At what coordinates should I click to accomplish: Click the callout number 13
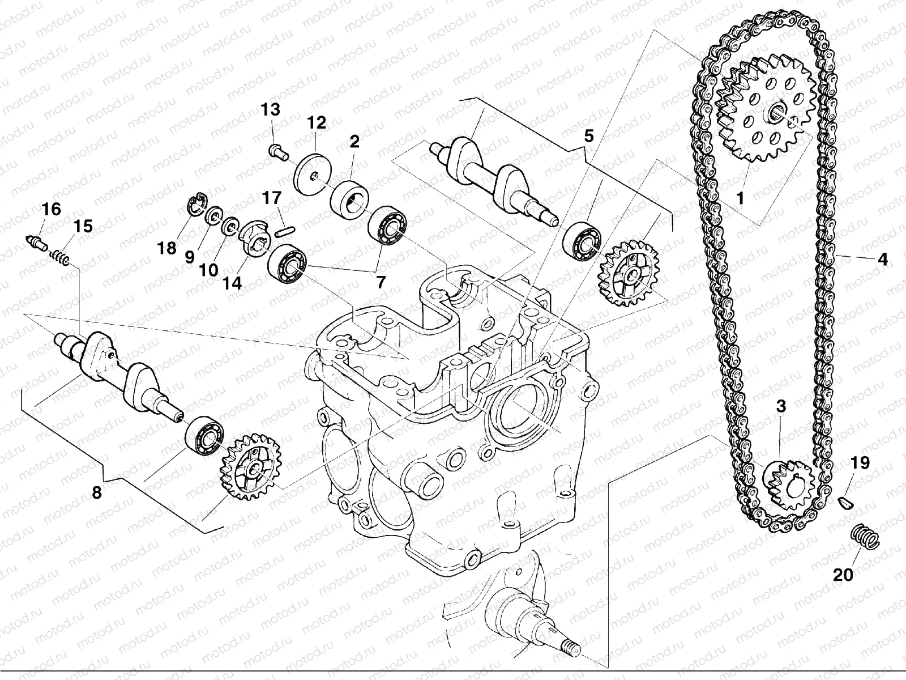(270, 110)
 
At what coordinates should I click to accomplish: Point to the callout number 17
(272, 198)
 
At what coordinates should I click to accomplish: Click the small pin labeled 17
(285, 229)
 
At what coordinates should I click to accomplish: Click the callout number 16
(51, 209)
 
